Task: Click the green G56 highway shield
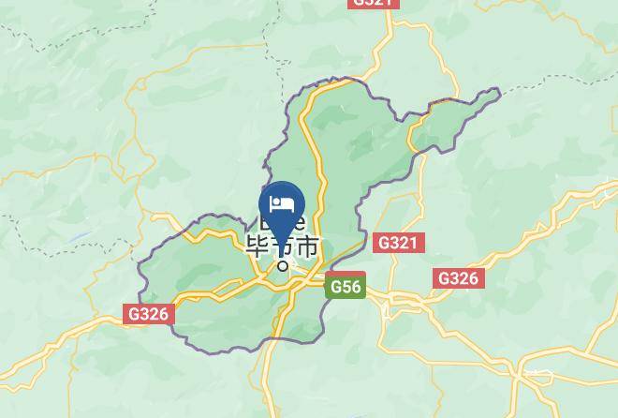point(345,288)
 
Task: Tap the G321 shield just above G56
point(399,243)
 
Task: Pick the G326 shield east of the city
point(458,278)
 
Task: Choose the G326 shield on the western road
point(149,314)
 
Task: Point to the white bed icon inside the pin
point(282,203)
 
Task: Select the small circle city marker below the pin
point(283,264)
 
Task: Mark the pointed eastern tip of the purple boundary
point(499,91)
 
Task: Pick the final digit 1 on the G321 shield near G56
point(415,243)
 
